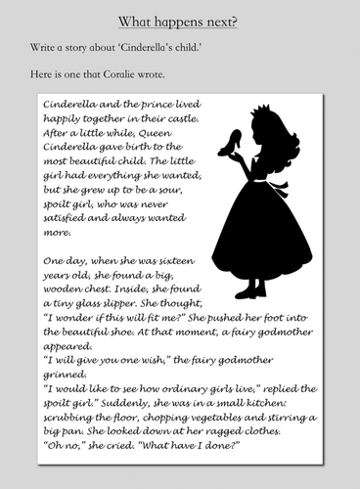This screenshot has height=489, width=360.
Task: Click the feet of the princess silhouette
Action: tap(251, 289)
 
